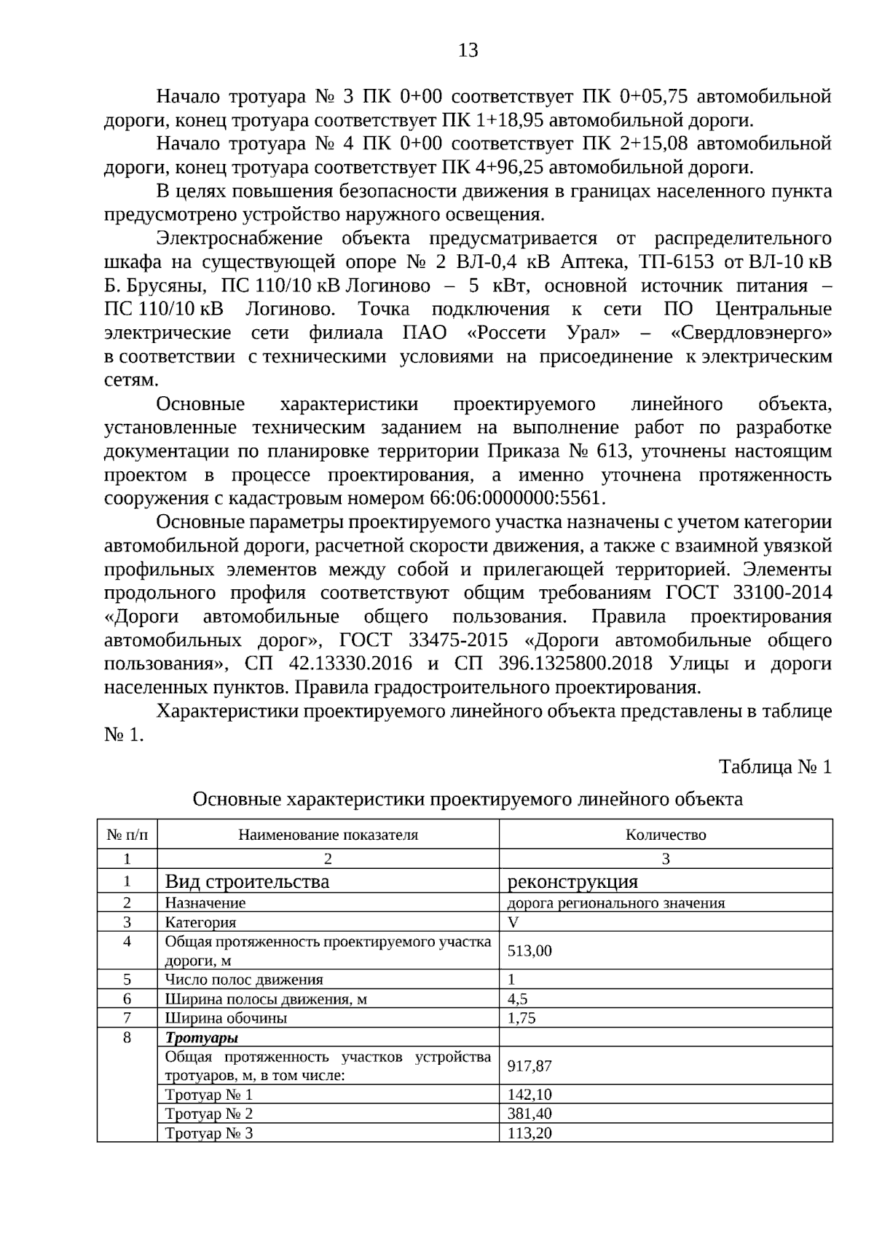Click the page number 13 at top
pyautogui.click(x=468, y=50)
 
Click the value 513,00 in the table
pyautogui.click(x=529, y=950)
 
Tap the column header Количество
pyautogui.click(x=665, y=835)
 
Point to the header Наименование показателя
pyautogui.click(x=328, y=835)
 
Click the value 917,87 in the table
pyautogui.click(x=529, y=1066)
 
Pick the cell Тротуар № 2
pyautogui.click(x=209, y=1114)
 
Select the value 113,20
pyautogui.click(x=529, y=1133)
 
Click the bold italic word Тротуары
pyautogui.click(x=202, y=1038)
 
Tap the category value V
pyautogui.click(x=513, y=922)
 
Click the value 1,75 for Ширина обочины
pyautogui.click(x=521, y=1018)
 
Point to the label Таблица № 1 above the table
pyautogui.click(x=775, y=767)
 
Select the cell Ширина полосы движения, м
pyautogui.click(x=266, y=999)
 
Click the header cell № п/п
pyautogui.click(x=127, y=835)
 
